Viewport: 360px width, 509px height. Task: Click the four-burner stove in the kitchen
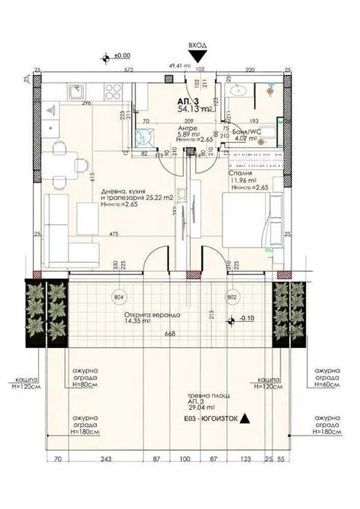tap(114, 92)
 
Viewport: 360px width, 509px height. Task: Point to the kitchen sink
tap(77, 92)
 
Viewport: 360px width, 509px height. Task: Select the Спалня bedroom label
tap(241, 175)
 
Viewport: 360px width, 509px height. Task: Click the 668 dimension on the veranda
tap(170, 334)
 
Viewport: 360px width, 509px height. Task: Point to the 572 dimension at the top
tap(130, 71)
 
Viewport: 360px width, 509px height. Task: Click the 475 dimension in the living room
tap(114, 234)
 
